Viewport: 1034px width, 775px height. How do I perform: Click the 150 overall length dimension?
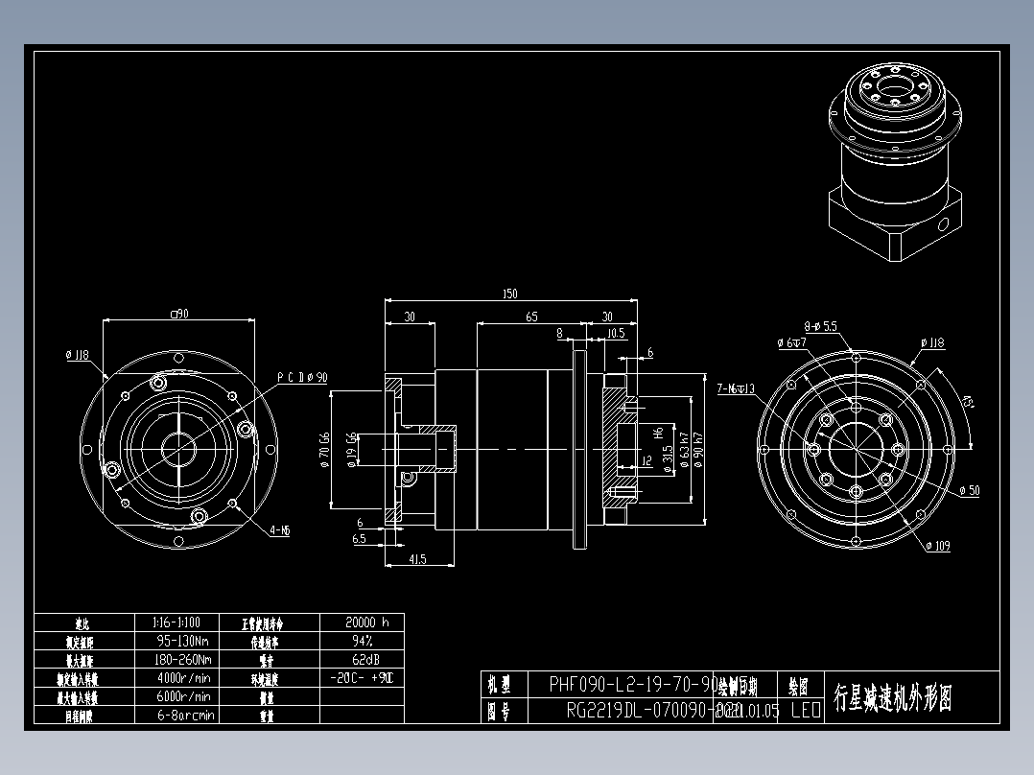click(x=510, y=294)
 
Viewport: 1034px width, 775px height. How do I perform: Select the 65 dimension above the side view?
click(x=531, y=317)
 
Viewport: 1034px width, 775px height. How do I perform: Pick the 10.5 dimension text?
click(x=617, y=334)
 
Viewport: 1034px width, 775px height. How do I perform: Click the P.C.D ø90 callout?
click(x=302, y=377)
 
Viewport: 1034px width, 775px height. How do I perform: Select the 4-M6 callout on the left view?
click(x=280, y=529)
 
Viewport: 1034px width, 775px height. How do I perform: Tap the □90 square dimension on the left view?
click(x=177, y=313)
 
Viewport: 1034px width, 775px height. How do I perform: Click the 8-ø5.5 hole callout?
click(x=821, y=326)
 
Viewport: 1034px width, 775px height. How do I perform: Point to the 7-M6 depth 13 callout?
click(x=737, y=388)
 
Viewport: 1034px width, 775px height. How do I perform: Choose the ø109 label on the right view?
click(x=939, y=546)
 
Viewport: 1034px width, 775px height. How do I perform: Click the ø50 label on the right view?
click(x=969, y=490)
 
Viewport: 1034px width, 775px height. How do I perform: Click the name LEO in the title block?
click(x=805, y=711)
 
